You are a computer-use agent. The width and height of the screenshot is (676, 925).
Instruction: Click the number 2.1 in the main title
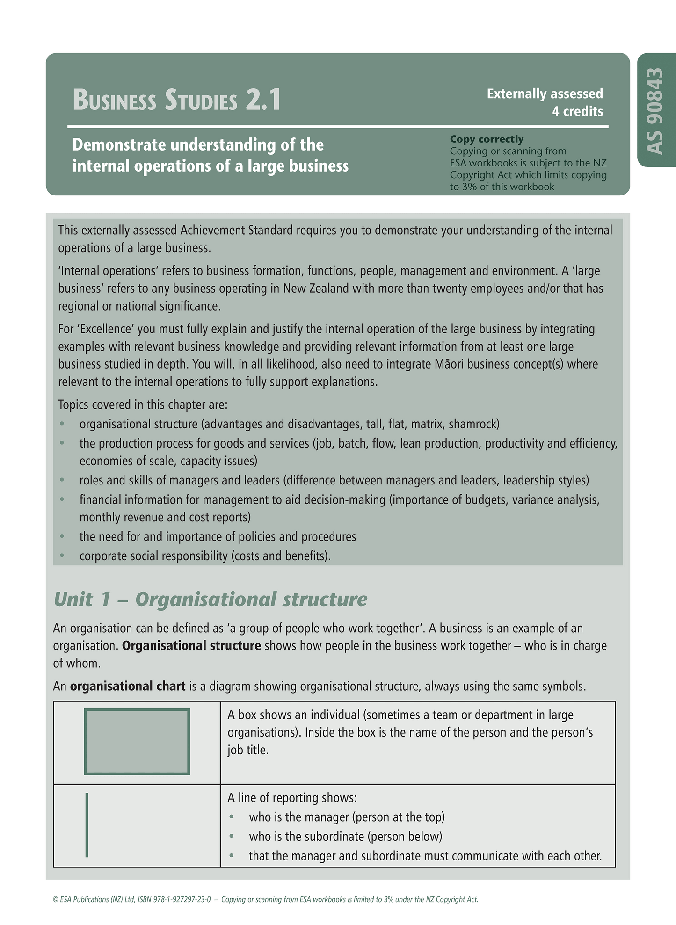coord(263,100)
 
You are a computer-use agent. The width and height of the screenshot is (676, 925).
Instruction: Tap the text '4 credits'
coord(577,111)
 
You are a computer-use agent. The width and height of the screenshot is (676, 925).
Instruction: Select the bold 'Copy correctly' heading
coord(487,139)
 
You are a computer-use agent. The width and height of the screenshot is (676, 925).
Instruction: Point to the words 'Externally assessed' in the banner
coord(545,94)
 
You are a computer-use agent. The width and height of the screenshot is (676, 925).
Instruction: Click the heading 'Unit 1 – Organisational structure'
coord(211,599)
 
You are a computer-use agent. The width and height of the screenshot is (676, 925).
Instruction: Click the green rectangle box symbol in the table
coord(137,742)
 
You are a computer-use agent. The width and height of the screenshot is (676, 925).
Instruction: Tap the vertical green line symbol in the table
coord(87,824)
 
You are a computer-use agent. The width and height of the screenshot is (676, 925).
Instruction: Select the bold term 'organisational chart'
coord(128,686)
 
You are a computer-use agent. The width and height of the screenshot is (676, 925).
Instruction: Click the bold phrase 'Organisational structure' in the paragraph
coord(191,645)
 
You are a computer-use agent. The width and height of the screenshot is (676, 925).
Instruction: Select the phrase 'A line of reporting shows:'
coord(292,797)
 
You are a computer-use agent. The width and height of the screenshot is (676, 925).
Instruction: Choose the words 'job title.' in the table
coord(248,750)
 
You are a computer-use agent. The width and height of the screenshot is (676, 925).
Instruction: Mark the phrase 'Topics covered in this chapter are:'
coord(143,405)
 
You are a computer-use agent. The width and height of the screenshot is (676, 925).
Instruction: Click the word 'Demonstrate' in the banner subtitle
coord(119,145)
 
